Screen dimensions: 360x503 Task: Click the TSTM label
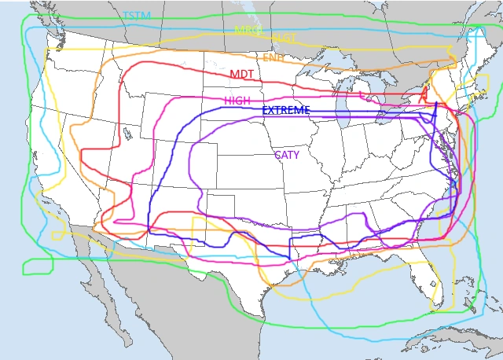pyautogui.click(x=138, y=15)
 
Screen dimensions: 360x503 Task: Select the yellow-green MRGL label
pyautogui.click(x=249, y=30)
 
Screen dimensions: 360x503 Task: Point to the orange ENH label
pyautogui.click(x=274, y=58)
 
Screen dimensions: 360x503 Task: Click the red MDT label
pyautogui.click(x=241, y=74)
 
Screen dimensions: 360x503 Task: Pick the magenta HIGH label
pyautogui.click(x=237, y=101)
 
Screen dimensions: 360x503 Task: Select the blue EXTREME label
pyautogui.click(x=285, y=110)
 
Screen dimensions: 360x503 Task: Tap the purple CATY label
pyautogui.click(x=286, y=155)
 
